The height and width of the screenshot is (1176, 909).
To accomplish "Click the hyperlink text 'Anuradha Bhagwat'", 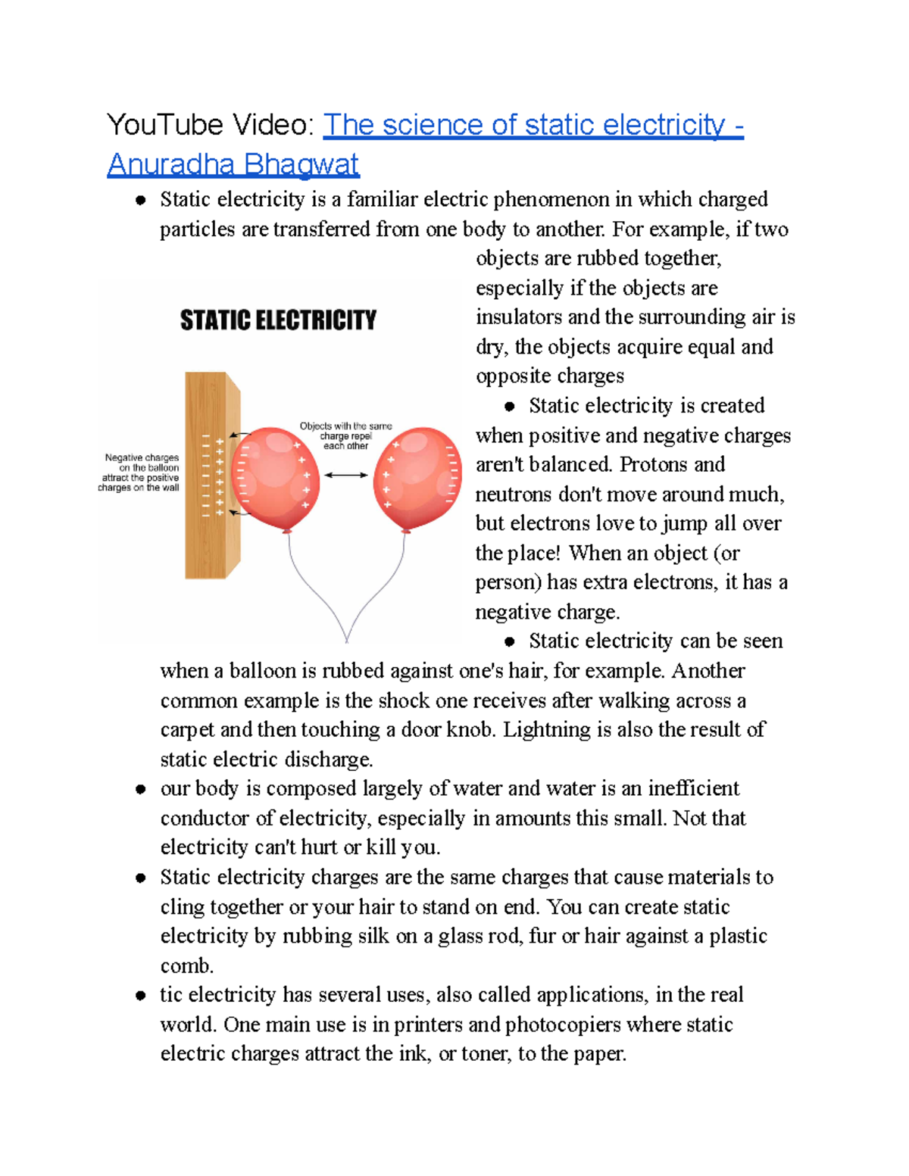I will [233, 164].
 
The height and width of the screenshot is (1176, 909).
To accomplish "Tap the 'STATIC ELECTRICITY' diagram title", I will [278, 320].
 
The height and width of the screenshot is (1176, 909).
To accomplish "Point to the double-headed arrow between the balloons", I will [346, 475].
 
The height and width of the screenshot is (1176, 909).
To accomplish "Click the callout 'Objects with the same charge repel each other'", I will [346, 436].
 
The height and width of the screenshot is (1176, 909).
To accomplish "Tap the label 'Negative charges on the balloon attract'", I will [141, 473].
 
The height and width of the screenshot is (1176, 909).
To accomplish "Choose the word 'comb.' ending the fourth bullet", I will [187, 965].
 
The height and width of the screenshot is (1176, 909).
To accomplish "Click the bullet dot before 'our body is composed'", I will [140, 789].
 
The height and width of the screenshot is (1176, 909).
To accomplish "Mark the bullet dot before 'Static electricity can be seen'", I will [510, 641].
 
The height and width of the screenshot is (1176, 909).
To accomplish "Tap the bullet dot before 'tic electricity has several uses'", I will [140, 995].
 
